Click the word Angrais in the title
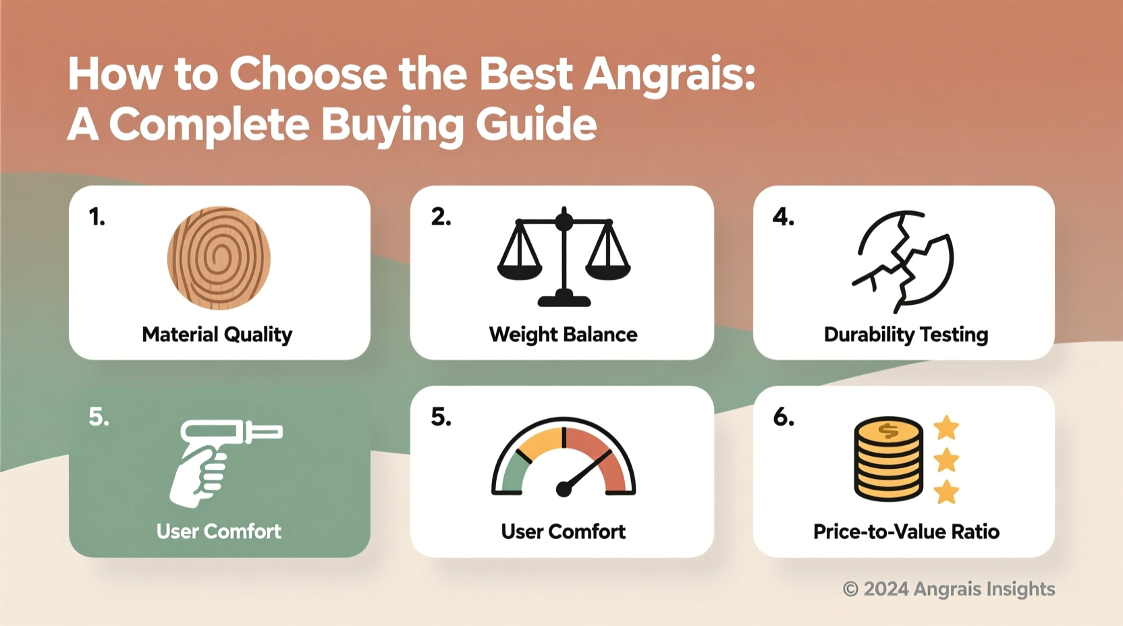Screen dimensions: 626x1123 668,74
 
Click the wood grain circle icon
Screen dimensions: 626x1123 219,258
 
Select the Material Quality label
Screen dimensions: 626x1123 217,335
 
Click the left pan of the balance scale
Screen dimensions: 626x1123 519,268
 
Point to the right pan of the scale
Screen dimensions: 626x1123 608,268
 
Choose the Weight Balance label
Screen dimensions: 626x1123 563,335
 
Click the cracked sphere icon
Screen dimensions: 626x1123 904,260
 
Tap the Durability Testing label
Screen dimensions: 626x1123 906,335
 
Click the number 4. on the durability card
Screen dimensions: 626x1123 784,217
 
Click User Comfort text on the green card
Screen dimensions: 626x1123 219,532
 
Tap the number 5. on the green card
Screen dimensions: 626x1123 99,417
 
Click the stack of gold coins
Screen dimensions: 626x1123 888,459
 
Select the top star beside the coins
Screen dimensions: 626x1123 946,428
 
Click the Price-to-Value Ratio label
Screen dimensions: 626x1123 906,532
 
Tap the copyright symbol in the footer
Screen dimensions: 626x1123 850,590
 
